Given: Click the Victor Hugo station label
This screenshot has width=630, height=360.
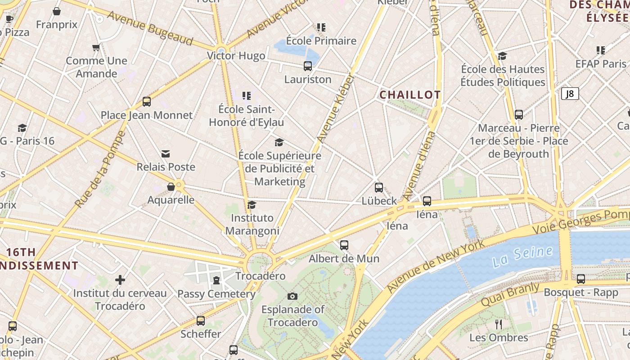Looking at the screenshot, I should point(236,56).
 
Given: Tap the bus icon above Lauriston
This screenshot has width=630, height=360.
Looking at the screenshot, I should point(308,66).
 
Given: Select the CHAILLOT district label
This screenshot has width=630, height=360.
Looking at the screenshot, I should point(410,95).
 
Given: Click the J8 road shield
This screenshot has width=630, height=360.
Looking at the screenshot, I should point(570,94).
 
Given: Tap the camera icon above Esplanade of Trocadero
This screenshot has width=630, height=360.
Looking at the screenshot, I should point(292,296).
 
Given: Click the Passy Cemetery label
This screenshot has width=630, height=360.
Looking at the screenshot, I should point(216,294).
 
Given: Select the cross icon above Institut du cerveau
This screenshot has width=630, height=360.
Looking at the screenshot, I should point(120,280).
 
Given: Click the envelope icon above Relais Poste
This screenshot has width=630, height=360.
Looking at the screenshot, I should point(166,154).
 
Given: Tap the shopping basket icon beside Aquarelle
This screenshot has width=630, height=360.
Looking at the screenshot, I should point(171,187).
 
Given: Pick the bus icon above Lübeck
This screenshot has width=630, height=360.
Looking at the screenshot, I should point(379,188).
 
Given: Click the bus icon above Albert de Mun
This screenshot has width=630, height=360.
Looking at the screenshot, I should point(344,245).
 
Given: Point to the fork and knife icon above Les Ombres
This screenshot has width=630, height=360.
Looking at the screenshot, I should point(499,324).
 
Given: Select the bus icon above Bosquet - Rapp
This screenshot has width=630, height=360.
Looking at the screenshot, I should point(581,279).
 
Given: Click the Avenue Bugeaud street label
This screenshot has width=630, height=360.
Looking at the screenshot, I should point(150,28).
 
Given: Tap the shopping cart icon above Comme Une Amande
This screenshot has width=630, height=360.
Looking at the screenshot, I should point(96,47).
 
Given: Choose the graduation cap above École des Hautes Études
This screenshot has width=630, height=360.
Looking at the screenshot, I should point(503,56).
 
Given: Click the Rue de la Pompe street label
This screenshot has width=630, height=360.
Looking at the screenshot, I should point(100,169).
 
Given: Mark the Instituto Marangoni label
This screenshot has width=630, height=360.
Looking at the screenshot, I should point(252,224).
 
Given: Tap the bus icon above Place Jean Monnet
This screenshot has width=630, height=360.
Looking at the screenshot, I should point(147,102).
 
